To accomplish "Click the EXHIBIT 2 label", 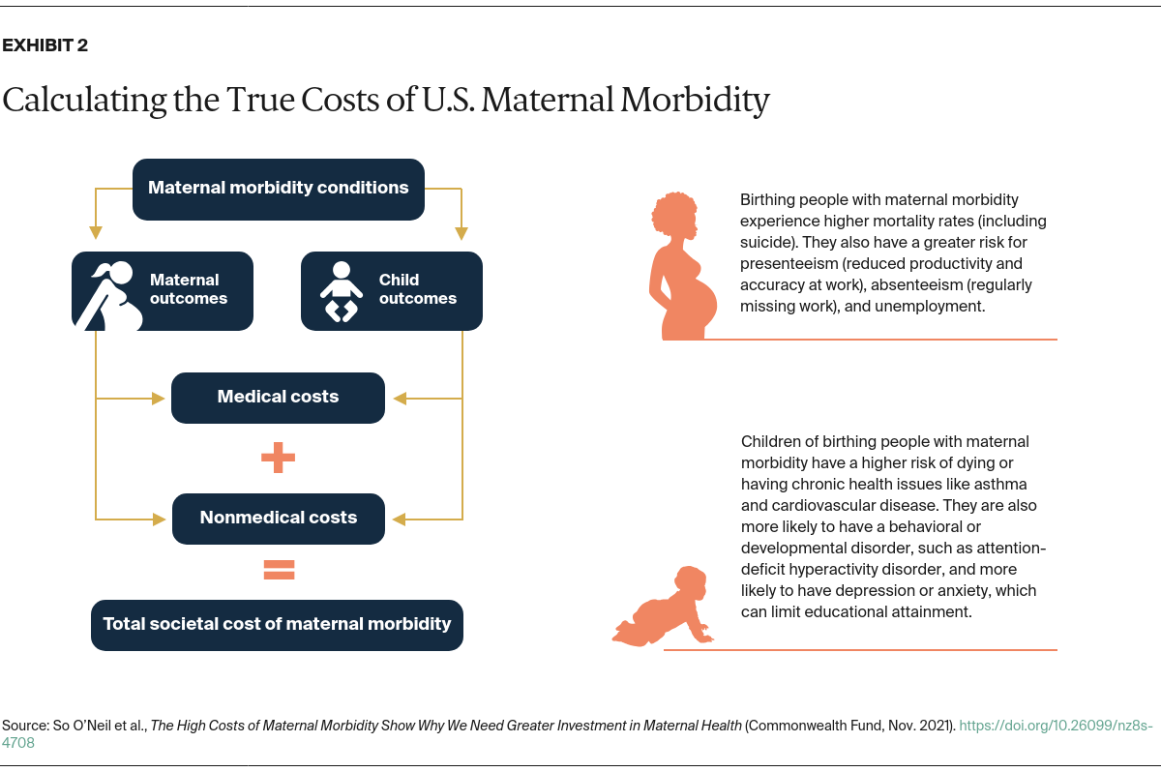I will coord(45,45).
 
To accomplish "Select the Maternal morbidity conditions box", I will coord(279,188).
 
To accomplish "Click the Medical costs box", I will coord(278,397).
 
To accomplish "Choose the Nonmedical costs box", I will coord(278,518).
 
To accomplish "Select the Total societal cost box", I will coord(277,624).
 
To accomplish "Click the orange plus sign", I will coord(278,458).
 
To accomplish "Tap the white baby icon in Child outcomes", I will coord(341,291).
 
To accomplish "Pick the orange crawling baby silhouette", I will coord(666,608).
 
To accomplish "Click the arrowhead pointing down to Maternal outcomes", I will coord(95,233).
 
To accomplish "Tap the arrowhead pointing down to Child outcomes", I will coord(461,233).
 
